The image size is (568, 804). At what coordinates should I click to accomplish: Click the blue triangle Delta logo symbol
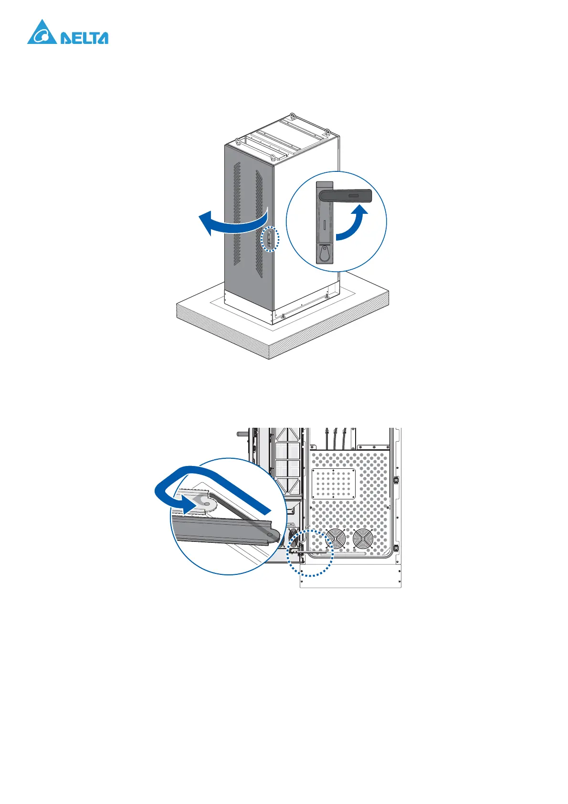coord(42,33)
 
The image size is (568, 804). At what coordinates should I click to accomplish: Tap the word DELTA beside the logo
coord(84,38)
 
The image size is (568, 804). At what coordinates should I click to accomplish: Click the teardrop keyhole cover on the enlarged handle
coord(325,253)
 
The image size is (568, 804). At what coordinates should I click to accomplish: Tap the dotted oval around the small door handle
coord(270,238)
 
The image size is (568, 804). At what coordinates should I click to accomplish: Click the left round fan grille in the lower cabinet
coord(336,539)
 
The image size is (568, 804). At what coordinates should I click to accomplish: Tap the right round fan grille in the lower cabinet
coord(363,539)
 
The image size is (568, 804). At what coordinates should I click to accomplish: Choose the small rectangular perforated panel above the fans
coord(334,484)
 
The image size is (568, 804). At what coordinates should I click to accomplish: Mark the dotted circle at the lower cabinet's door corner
coord(310,553)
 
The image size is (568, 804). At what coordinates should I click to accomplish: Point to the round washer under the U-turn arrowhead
coord(206,502)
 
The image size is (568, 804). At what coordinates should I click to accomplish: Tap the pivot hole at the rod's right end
coord(271,535)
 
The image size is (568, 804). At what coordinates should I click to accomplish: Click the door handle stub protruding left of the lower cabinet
coord(241,434)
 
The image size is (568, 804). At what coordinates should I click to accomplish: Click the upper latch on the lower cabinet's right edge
coord(396,480)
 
